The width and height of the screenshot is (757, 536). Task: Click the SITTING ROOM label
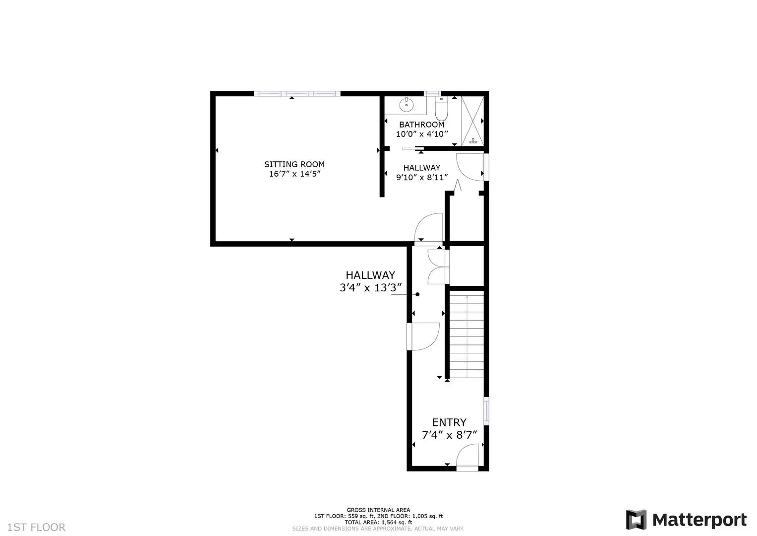point(294,164)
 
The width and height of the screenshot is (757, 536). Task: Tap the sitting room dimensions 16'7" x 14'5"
point(294,174)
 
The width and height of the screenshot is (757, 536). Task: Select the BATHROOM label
point(422,125)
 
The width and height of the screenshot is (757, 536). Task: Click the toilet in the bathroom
point(441,106)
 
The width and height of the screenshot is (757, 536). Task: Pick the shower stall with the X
point(472,121)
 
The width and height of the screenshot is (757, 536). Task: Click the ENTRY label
point(449,422)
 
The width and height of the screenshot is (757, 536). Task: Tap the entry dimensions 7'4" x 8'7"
point(449,435)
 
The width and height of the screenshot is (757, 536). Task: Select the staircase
point(466,336)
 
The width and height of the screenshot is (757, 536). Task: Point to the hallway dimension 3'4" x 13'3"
point(370,288)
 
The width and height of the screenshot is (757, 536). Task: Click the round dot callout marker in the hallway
point(417,294)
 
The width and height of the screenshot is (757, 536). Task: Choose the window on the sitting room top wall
point(297,93)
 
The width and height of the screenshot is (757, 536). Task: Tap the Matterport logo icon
point(636,520)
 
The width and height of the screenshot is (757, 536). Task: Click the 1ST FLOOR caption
point(36,527)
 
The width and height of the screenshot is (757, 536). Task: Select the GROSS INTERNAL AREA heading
point(378,510)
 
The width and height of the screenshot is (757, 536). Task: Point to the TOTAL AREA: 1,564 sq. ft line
point(378,522)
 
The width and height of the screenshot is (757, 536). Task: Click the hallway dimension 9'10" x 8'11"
point(422,177)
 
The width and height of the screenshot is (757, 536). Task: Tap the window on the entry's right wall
point(486,410)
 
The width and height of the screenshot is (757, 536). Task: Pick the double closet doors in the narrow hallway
point(437,267)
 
